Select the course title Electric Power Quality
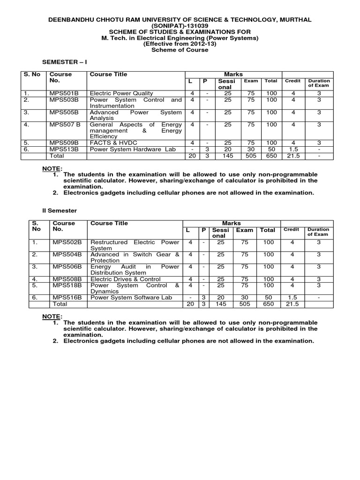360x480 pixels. tap(121, 93)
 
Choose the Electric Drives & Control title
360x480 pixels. tap(126, 279)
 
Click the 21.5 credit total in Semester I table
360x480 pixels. tap(293, 155)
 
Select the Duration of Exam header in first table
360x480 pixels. tap(319, 83)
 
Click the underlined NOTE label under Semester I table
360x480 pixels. tap(52, 168)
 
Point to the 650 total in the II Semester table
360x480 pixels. tap(268, 304)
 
